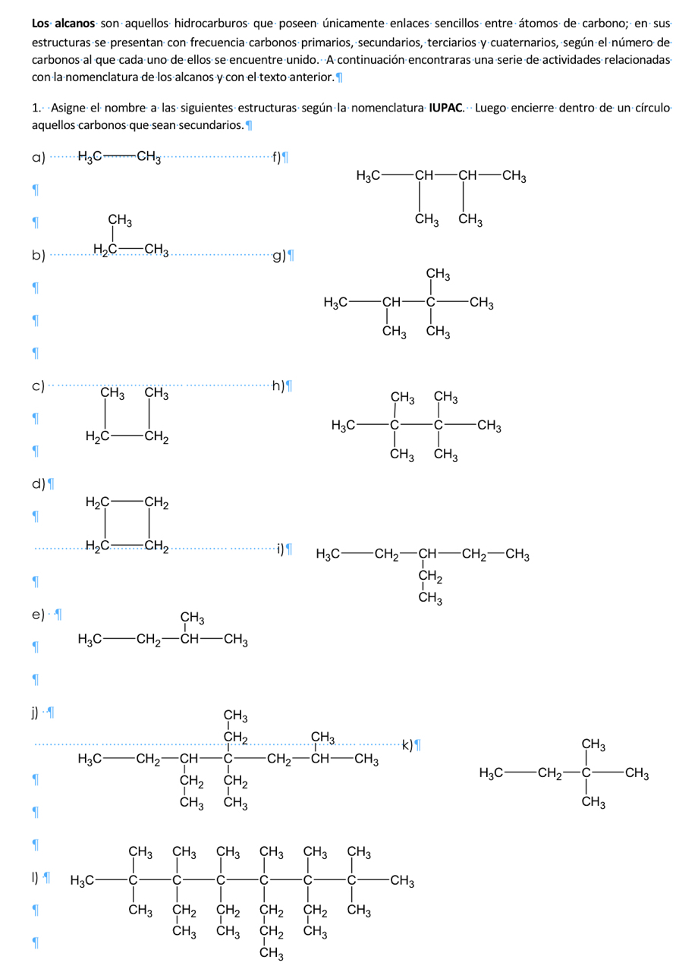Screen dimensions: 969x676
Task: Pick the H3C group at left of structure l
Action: coord(83,881)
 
